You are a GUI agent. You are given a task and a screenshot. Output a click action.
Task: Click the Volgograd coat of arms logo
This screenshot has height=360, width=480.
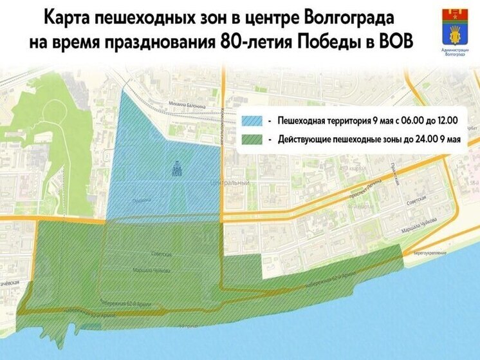point(455,26)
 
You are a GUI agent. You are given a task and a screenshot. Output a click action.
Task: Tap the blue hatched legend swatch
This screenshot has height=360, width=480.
point(255,120)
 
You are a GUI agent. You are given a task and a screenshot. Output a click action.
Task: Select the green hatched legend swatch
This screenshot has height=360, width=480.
point(255,138)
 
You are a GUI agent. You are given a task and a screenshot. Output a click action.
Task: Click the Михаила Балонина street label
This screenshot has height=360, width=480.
point(186,104)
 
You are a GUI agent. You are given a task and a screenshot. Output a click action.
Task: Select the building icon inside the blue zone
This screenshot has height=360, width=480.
point(176,169)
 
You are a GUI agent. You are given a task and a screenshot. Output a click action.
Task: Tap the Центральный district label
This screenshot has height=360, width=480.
point(230,184)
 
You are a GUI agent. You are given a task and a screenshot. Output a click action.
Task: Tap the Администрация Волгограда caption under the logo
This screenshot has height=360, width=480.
point(455,51)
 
